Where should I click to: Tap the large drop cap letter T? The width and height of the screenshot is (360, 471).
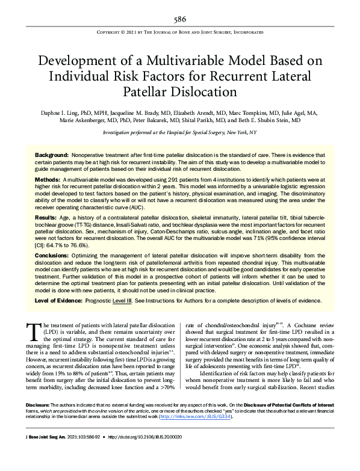tap(33, 330)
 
